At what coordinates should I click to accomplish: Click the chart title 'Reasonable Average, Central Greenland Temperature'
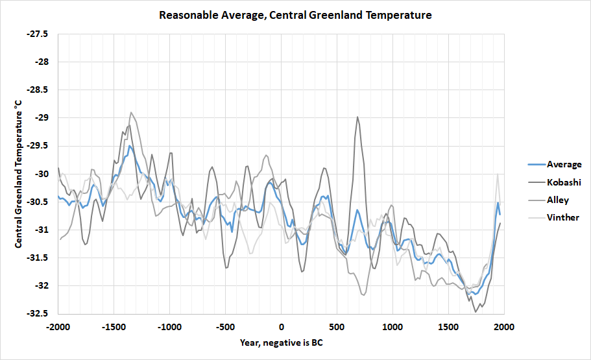point(295,14)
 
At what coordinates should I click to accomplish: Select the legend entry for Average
point(564,164)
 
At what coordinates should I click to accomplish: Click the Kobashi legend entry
point(564,182)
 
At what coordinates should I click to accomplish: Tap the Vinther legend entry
point(562,217)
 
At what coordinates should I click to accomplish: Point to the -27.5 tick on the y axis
point(38,34)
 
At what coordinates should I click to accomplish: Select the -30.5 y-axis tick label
point(38,202)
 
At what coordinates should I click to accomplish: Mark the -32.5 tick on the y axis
point(38,313)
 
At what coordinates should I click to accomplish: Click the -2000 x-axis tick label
point(58,326)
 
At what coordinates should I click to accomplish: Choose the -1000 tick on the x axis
point(170,326)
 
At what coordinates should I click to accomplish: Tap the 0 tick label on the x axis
point(282,326)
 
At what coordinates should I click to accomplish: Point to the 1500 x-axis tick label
point(448,326)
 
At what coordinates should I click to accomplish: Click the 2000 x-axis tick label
point(504,326)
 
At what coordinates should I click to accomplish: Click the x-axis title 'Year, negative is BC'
point(281,342)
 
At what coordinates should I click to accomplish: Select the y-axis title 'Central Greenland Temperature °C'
point(19,173)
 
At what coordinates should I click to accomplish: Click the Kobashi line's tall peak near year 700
point(357,117)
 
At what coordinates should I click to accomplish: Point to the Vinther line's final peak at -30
point(498,174)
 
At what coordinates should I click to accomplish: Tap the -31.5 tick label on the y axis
point(38,258)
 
